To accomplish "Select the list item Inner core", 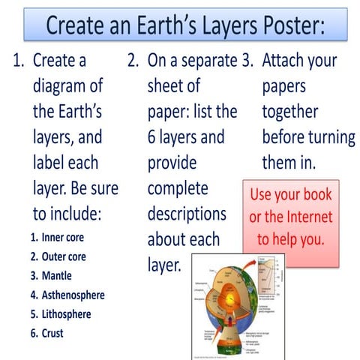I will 63,238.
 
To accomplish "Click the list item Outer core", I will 64,256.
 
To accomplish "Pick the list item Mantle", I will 57,275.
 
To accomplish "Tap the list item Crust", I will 52,333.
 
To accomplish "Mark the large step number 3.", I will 247,61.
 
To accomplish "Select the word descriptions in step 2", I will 187,214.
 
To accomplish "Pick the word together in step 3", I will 289,112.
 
